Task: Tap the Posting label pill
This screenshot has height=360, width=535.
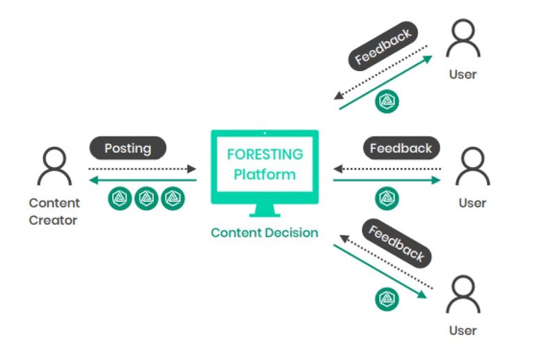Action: point(128,148)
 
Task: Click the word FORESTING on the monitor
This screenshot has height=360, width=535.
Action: point(265,155)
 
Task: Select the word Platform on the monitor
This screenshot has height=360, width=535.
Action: point(265,174)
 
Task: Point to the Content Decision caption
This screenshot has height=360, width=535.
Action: point(265,233)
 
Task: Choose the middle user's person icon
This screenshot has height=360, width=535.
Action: point(472,168)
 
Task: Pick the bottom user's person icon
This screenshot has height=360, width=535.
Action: point(463,296)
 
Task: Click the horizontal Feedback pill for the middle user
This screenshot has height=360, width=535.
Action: point(401,148)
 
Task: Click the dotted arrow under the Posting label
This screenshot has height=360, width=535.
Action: point(142,169)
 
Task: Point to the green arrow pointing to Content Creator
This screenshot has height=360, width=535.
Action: point(142,180)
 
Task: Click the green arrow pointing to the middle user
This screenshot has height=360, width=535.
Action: point(387,180)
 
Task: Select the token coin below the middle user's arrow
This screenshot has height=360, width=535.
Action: point(387,199)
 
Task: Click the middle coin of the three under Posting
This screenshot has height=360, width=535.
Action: point(146,199)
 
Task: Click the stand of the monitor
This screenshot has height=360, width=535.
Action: point(265,211)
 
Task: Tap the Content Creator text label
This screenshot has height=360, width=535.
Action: point(54,212)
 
